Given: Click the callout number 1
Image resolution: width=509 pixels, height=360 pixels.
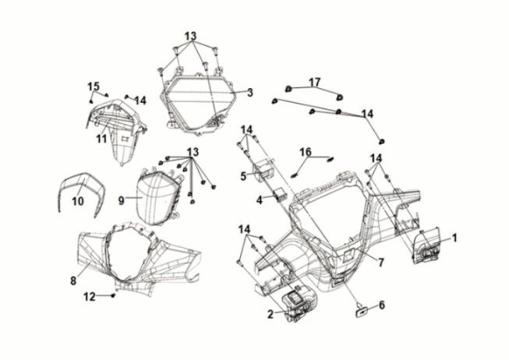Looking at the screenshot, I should [455, 236].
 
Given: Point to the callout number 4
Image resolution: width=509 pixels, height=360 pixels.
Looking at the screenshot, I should [260, 200].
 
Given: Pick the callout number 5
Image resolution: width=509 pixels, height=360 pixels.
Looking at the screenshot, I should [243, 176].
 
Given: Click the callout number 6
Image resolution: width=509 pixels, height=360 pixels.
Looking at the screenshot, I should [382, 305].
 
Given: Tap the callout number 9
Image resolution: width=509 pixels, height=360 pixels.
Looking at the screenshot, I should [122, 199].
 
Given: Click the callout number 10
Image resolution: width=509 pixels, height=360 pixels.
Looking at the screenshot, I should [77, 201].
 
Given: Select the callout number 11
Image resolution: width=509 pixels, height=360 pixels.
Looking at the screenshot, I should [101, 139].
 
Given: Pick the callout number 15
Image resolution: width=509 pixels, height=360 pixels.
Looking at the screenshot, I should [94, 86].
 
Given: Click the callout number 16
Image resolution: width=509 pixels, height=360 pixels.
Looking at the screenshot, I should [306, 151].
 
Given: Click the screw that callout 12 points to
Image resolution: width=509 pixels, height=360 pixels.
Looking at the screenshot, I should [115, 296].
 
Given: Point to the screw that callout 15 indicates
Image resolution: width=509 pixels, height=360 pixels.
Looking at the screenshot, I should [91, 101].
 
